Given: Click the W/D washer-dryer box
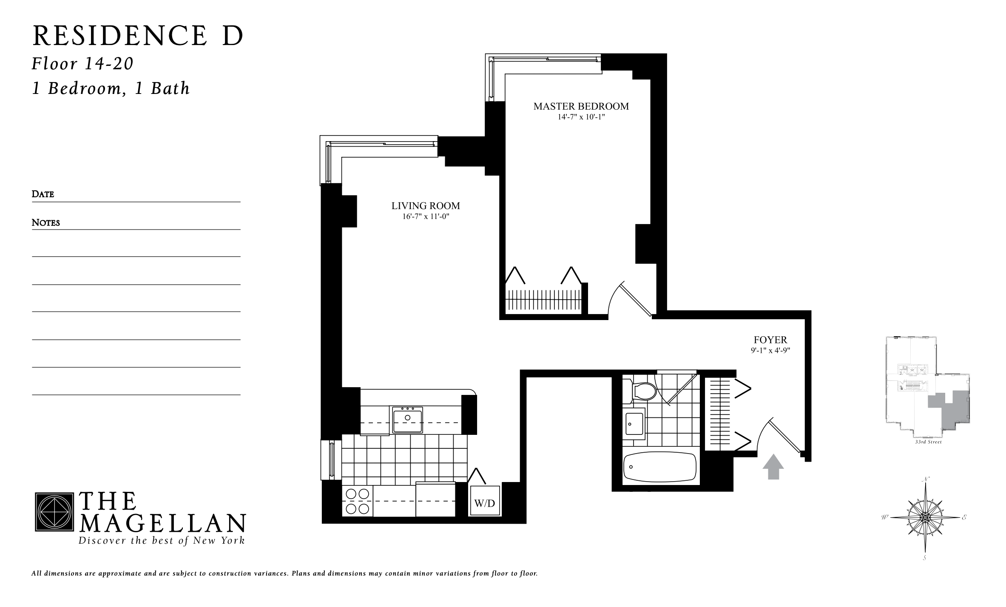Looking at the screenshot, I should pos(484,503).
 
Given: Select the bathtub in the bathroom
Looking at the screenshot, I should pos(659,467).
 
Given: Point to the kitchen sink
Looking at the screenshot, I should pos(407,419).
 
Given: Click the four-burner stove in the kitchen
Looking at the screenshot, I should pos(357,501).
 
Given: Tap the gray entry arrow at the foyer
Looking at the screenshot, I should pos(773,466).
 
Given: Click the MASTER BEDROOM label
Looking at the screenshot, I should pos(581,106).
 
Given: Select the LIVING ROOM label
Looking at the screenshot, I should pos(426,206).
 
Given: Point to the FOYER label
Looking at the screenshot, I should pos(770,340).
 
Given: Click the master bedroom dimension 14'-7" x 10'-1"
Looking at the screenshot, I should pos(581,117).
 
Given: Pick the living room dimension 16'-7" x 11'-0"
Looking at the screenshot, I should pos(426,216).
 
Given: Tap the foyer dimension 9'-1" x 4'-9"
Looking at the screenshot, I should pos(770,351).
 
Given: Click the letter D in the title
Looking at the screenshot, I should pos(232,36).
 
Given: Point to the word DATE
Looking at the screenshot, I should pos(43,194).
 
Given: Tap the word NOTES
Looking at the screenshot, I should pos(46,223).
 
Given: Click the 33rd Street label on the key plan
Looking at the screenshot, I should pos(928,442).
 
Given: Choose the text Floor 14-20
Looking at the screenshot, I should pos(83,64).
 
